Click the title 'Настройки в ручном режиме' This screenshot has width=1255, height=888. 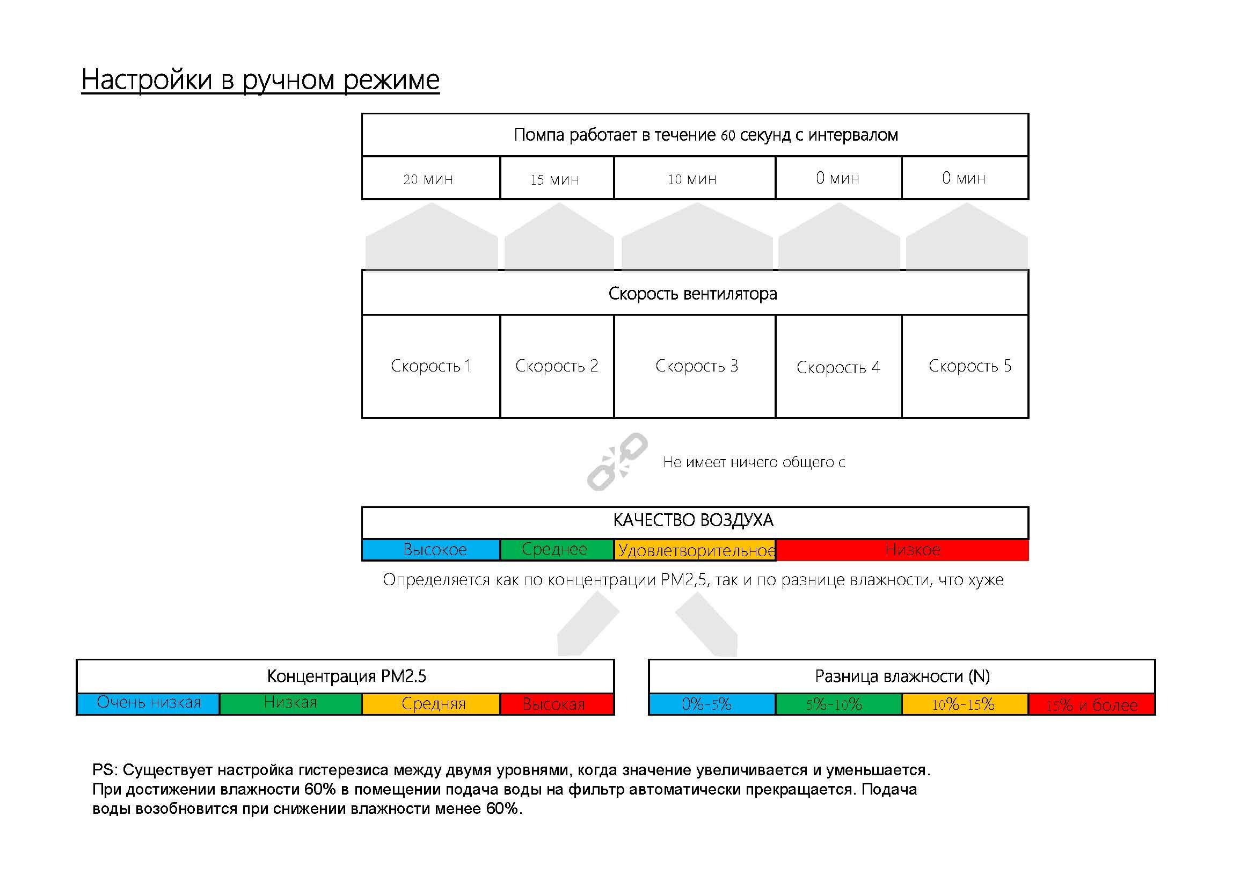click(x=260, y=80)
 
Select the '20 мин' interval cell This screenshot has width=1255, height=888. click(x=431, y=178)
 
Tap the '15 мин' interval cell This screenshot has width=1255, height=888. click(x=557, y=178)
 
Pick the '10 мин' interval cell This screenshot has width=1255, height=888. click(x=694, y=178)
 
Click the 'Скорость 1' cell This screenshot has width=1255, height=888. click(x=431, y=366)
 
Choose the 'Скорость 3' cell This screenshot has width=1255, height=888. click(x=694, y=366)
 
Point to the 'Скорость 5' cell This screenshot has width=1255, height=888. click(x=965, y=366)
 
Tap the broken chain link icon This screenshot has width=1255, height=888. click(x=617, y=461)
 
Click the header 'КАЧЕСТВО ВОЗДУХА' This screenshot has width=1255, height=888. click(x=694, y=521)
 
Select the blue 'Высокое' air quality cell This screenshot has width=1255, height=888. click(x=431, y=550)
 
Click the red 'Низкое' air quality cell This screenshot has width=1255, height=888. click(x=902, y=550)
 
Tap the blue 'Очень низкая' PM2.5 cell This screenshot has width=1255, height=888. click(x=148, y=703)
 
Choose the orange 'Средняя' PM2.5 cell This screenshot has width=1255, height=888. click(x=431, y=704)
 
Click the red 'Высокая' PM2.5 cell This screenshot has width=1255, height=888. click(x=557, y=704)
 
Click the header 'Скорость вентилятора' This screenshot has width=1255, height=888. click(x=694, y=294)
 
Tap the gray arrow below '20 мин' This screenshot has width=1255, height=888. click(x=431, y=238)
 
